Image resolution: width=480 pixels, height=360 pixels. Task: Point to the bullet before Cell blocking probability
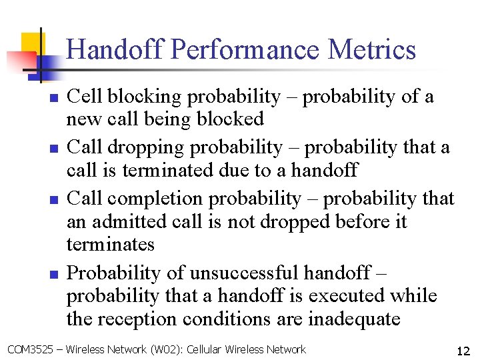[x=55, y=97]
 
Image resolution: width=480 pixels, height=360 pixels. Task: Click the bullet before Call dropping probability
[x=55, y=148]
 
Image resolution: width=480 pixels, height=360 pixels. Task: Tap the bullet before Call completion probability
[x=55, y=199]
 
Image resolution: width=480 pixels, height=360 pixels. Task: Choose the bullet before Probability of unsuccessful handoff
[x=55, y=273]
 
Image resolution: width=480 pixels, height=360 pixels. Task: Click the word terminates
[x=110, y=244]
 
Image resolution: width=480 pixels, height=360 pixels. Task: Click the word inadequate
[x=353, y=319]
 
